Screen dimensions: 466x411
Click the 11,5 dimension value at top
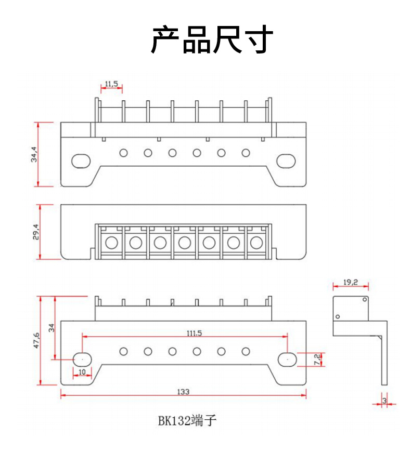pyautogui.click(x=111, y=84)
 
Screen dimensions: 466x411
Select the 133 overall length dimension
pyautogui.click(x=183, y=391)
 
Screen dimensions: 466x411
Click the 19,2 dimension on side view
pyautogui.click(x=351, y=282)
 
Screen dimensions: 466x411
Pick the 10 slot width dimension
pyautogui.click(x=82, y=372)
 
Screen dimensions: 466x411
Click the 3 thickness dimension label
pyautogui.click(x=384, y=400)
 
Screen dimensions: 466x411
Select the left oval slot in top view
pyautogui.click(x=81, y=161)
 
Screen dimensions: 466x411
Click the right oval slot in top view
pyautogui.click(x=286, y=161)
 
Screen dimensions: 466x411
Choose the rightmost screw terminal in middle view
pyautogui.click(x=256, y=242)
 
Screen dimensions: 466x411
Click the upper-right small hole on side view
pyautogui.click(x=365, y=299)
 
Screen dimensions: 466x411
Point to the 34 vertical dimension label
pyautogui.click(x=51, y=328)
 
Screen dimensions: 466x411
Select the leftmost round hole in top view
pyautogui.click(x=123, y=153)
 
